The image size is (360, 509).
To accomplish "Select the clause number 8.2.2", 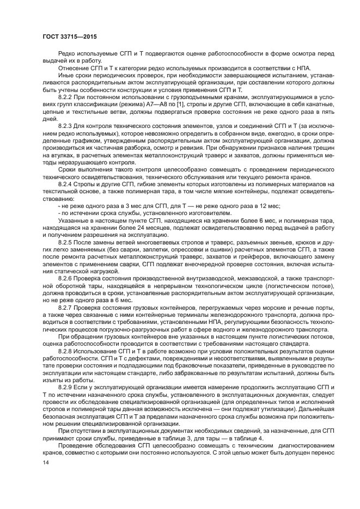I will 66,95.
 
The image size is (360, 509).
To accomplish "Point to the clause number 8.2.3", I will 66,126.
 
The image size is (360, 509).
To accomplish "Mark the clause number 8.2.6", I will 66,278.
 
